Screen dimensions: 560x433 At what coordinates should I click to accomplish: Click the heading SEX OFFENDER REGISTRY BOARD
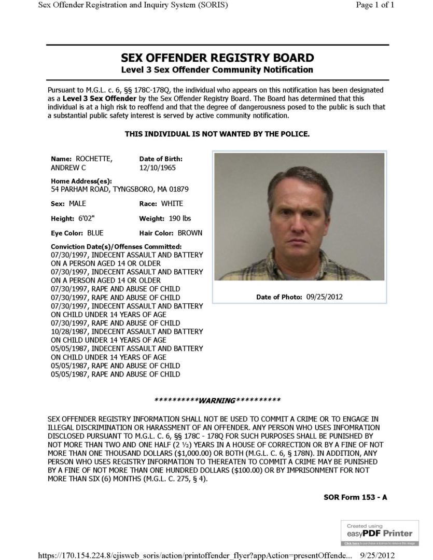[217, 58]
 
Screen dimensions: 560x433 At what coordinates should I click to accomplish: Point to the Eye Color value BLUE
[95, 233]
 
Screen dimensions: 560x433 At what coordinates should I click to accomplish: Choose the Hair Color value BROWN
[190, 233]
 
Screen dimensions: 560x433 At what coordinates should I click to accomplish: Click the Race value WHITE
[172, 203]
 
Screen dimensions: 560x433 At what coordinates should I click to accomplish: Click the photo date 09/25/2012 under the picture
[324, 297]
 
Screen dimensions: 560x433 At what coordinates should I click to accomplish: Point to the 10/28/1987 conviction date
[66, 331]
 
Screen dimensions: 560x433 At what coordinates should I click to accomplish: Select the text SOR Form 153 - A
[355, 497]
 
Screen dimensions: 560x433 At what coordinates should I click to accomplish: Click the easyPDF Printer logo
[380, 533]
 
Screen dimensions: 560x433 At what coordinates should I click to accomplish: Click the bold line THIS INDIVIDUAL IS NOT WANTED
[217, 134]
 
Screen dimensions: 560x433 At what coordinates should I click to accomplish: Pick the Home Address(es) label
[81, 181]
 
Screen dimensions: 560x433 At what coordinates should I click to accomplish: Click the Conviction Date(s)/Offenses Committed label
[116, 247]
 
